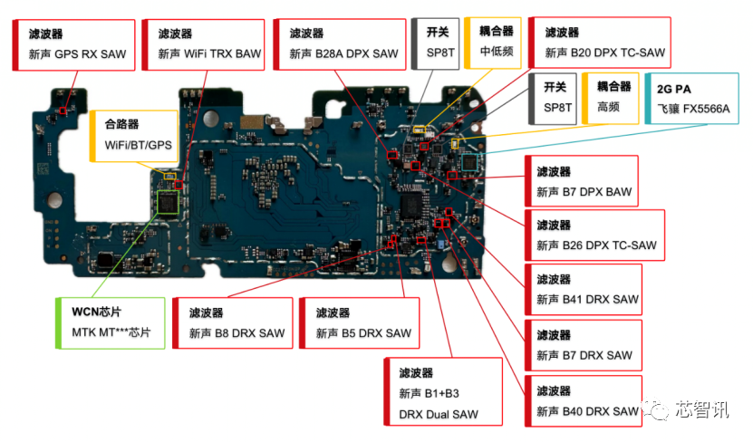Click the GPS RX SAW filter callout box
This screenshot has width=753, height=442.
tap(73, 45)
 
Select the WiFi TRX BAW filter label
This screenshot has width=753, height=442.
tap(204, 45)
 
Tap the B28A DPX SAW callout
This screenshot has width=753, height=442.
tap(340, 44)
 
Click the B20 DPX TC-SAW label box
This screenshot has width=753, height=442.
tap(599, 43)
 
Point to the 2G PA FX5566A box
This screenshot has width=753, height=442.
tap(691, 99)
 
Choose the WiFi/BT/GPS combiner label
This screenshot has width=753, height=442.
tap(134, 136)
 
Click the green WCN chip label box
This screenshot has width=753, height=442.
tap(111, 323)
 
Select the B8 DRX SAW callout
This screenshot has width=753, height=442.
tap(233, 323)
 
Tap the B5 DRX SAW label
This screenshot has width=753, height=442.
tap(359, 323)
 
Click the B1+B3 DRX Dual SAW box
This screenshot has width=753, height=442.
tap(443, 391)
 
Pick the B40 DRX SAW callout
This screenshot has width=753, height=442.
tap(584, 401)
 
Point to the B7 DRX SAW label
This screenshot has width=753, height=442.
tap(584, 345)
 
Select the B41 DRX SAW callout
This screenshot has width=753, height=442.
tap(584, 290)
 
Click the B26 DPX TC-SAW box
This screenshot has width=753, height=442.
tap(595, 235)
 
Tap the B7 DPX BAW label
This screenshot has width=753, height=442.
tap(582, 181)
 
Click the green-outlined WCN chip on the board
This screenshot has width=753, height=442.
tap(168, 202)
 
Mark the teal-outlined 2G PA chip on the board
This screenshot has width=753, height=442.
tap(469, 162)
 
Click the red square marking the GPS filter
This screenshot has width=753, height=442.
tap(63, 110)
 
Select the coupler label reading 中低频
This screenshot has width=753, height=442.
tap(493, 43)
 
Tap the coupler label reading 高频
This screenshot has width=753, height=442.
tap(611, 99)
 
